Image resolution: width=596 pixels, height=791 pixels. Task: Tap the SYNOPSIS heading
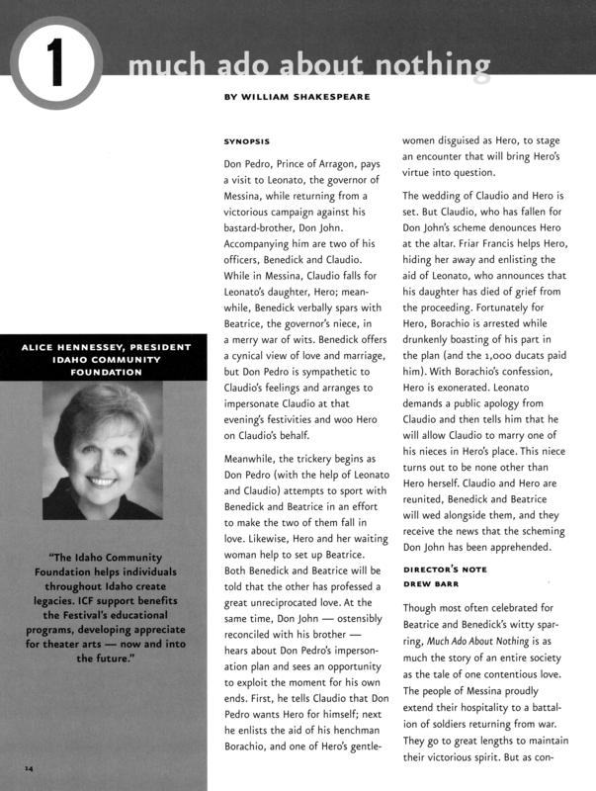pyautogui.click(x=247, y=141)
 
